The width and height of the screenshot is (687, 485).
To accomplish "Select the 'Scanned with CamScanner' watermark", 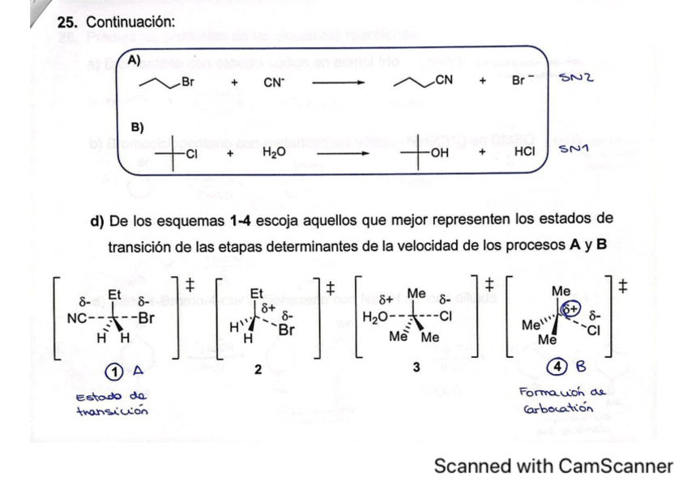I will pos(553,466).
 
